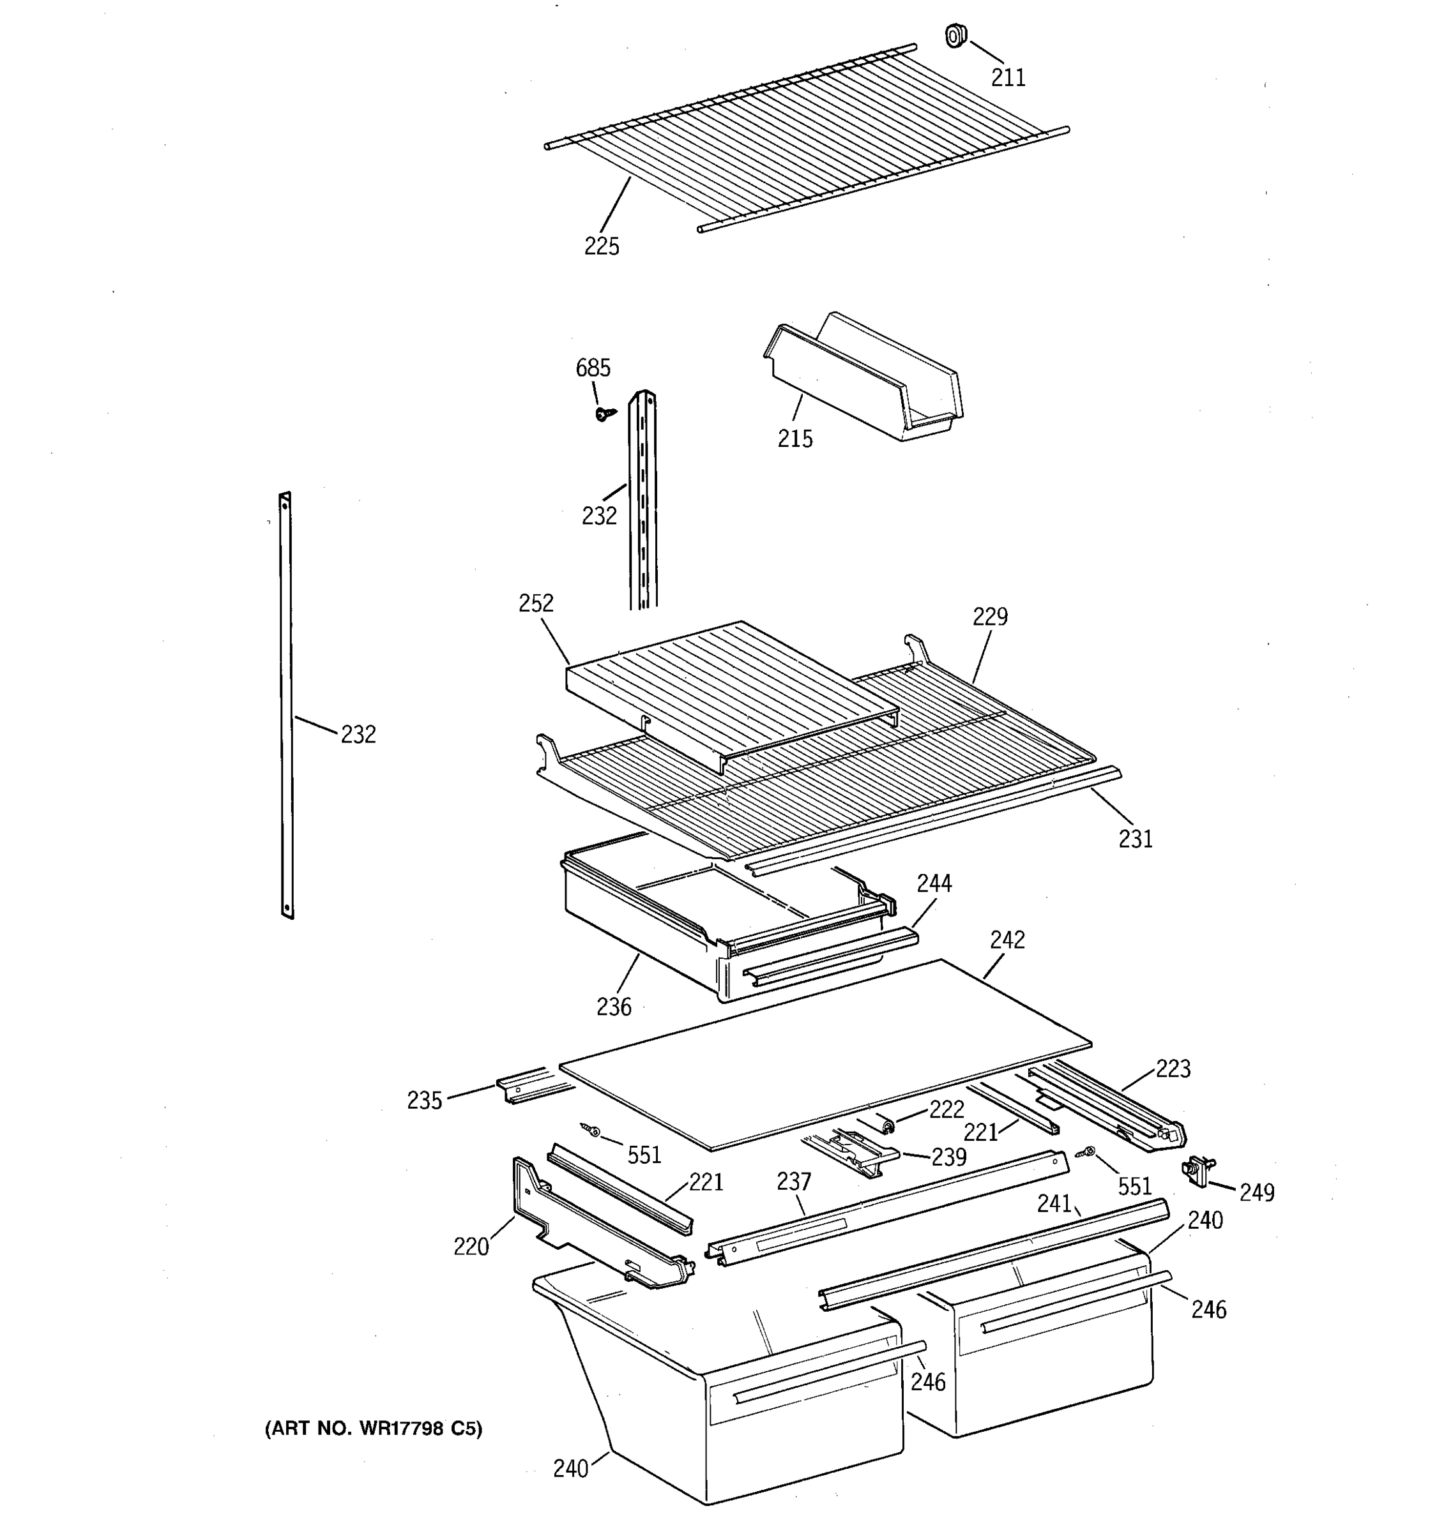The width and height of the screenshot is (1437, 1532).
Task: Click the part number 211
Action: tap(1008, 77)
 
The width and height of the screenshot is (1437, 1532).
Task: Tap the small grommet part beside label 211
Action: tap(956, 36)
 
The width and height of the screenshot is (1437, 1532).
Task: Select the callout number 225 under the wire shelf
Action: tap(602, 246)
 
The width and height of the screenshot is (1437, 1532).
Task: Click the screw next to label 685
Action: tap(604, 414)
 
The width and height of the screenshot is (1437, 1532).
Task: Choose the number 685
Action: tap(593, 368)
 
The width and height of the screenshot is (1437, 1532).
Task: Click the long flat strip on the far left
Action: tap(286, 705)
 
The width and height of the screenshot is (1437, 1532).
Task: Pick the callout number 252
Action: tap(536, 603)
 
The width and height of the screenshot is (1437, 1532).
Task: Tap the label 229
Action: tap(990, 617)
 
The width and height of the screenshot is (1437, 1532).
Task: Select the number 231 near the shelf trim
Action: tap(1135, 838)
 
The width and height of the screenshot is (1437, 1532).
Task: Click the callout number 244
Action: tap(934, 883)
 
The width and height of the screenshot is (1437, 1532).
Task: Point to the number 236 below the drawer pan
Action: tap(614, 1007)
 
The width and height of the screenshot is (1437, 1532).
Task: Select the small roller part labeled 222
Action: tap(885, 1126)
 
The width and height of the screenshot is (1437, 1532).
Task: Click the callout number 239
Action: tap(948, 1157)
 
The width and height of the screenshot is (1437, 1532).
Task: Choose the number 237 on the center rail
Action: tap(794, 1182)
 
